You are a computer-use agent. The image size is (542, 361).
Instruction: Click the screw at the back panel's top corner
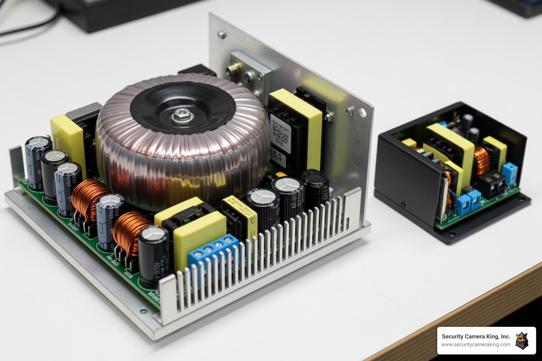tap(221, 35)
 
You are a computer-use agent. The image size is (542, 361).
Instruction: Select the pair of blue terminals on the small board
tap(469, 203)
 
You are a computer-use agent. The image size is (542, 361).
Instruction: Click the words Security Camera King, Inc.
tap(476, 337)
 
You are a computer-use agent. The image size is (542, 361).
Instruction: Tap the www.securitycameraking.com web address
tap(476, 345)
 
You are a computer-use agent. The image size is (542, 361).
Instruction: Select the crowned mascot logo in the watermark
tap(522, 341)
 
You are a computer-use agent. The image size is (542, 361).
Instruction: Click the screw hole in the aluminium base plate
tap(144, 311)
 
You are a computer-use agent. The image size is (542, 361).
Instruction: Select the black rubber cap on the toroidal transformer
tap(183, 104)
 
